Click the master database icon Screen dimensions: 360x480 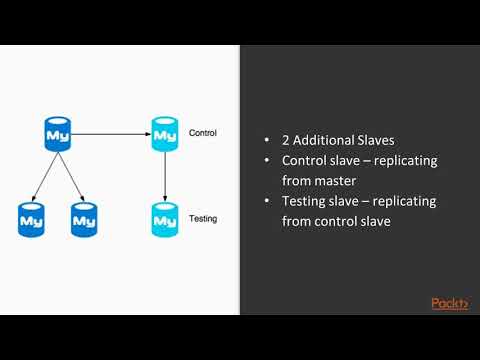(x=58, y=133)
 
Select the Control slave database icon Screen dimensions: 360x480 (x=164, y=133)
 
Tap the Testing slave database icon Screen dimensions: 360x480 (x=164, y=218)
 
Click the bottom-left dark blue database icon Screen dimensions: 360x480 (x=32, y=218)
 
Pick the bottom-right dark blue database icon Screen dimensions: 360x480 (x=84, y=218)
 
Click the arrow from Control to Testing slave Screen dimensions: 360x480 (x=164, y=175)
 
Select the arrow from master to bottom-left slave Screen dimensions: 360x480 (x=45, y=175)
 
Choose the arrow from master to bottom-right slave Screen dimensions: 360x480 (x=71, y=175)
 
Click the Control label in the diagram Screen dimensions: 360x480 (x=202, y=133)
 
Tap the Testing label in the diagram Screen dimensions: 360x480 (x=202, y=218)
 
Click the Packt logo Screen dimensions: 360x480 (x=449, y=303)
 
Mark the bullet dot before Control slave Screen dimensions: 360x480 (x=268, y=161)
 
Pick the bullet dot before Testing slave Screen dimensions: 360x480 (x=268, y=201)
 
